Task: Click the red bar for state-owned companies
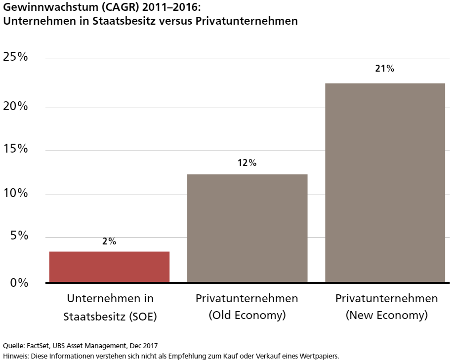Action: click(x=109, y=267)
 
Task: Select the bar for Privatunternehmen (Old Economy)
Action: click(x=247, y=228)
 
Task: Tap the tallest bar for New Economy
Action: click(x=385, y=183)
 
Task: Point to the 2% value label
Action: click(x=109, y=241)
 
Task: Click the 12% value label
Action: click(x=247, y=163)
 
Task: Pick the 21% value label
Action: click(x=384, y=69)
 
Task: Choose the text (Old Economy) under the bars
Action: click(x=247, y=316)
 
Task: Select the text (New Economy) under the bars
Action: click(x=386, y=316)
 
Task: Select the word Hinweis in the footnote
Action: click(x=15, y=355)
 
